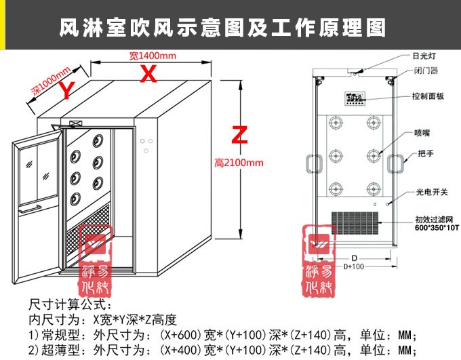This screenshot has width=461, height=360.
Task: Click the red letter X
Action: pyautogui.click(x=147, y=74)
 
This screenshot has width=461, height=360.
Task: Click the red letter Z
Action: pyautogui.click(x=237, y=134)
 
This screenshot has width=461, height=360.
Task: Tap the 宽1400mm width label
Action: pyautogui.click(x=153, y=55)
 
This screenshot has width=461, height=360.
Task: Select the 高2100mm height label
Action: pyautogui.click(x=238, y=163)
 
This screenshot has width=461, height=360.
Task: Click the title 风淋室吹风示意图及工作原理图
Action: pyautogui.click(x=223, y=28)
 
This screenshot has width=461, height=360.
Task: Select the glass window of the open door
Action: pyautogui.click(x=36, y=163)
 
